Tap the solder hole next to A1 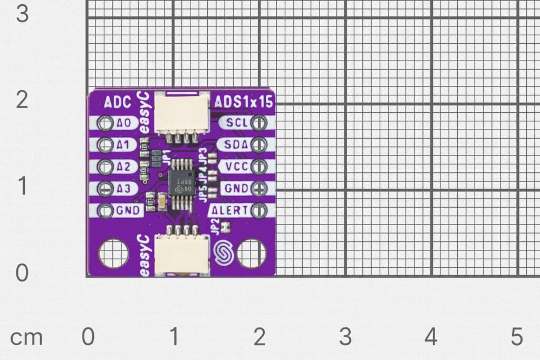tap(105, 144)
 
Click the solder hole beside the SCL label tap(258, 123)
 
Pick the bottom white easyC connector tap(181, 254)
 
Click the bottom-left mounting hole tap(113, 254)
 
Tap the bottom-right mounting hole tap(252, 254)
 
